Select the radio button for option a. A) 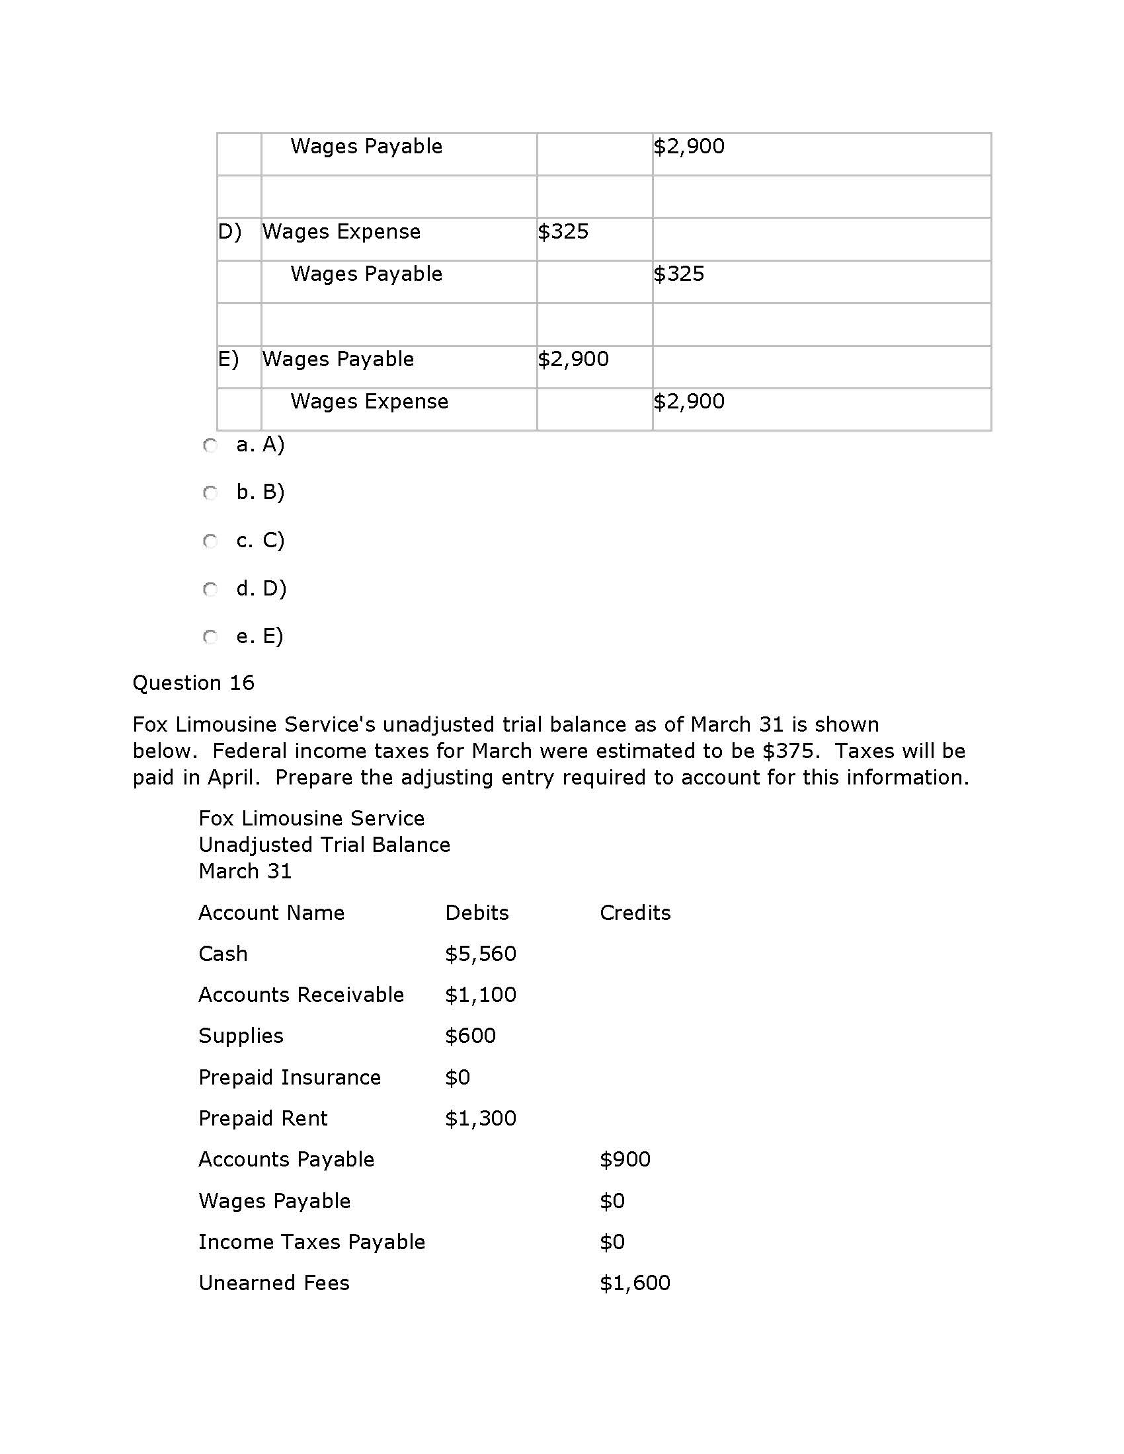coord(210,445)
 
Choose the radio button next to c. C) coord(210,541)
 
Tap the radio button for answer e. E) coord(210,637)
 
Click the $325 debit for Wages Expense coord(563,232)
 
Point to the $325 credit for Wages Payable coord(678,274)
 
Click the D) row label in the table coord(229,232)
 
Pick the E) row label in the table coord(228,360)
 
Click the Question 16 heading coord(193,683)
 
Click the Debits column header coord(477,913)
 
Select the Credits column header coord(635,913)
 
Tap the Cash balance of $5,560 coord(481,954)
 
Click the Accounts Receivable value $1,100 coord(481,995)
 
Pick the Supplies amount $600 coord(471,1036)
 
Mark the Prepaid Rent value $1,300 coord(481,1118)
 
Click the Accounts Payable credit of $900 coord(625,1160)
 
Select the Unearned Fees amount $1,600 coord(635,1283)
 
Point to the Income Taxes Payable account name coord(311,1243)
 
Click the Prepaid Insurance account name coord(290,1078)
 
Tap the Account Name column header coord(272,913)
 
